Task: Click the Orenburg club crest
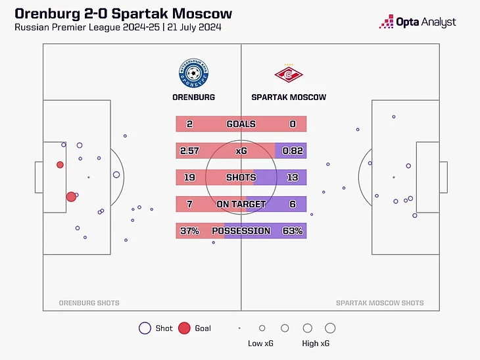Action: [x=193, y=74]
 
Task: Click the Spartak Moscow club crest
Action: [x=289, y=75]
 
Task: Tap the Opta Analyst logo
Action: [x=418, y=22]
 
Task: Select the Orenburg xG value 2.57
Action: [x=189, y=151]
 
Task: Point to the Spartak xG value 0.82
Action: [x=293, y=151]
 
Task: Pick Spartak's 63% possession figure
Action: [x=293, y=231]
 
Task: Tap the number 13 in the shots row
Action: [x=293, y=178]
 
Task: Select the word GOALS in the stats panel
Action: [x=241, y=124]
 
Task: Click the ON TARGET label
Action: [x=241, y=205]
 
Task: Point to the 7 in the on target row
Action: [x=189, y=205]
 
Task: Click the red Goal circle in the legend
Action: [x=184, y=328]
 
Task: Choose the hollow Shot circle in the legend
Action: [x=145, y=328]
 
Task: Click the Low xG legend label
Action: [x=260, y=344]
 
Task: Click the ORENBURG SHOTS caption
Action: [x=89, y=303]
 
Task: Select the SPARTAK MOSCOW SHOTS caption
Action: [x=379, y=303]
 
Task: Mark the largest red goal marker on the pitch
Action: [x=71, y=196]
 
